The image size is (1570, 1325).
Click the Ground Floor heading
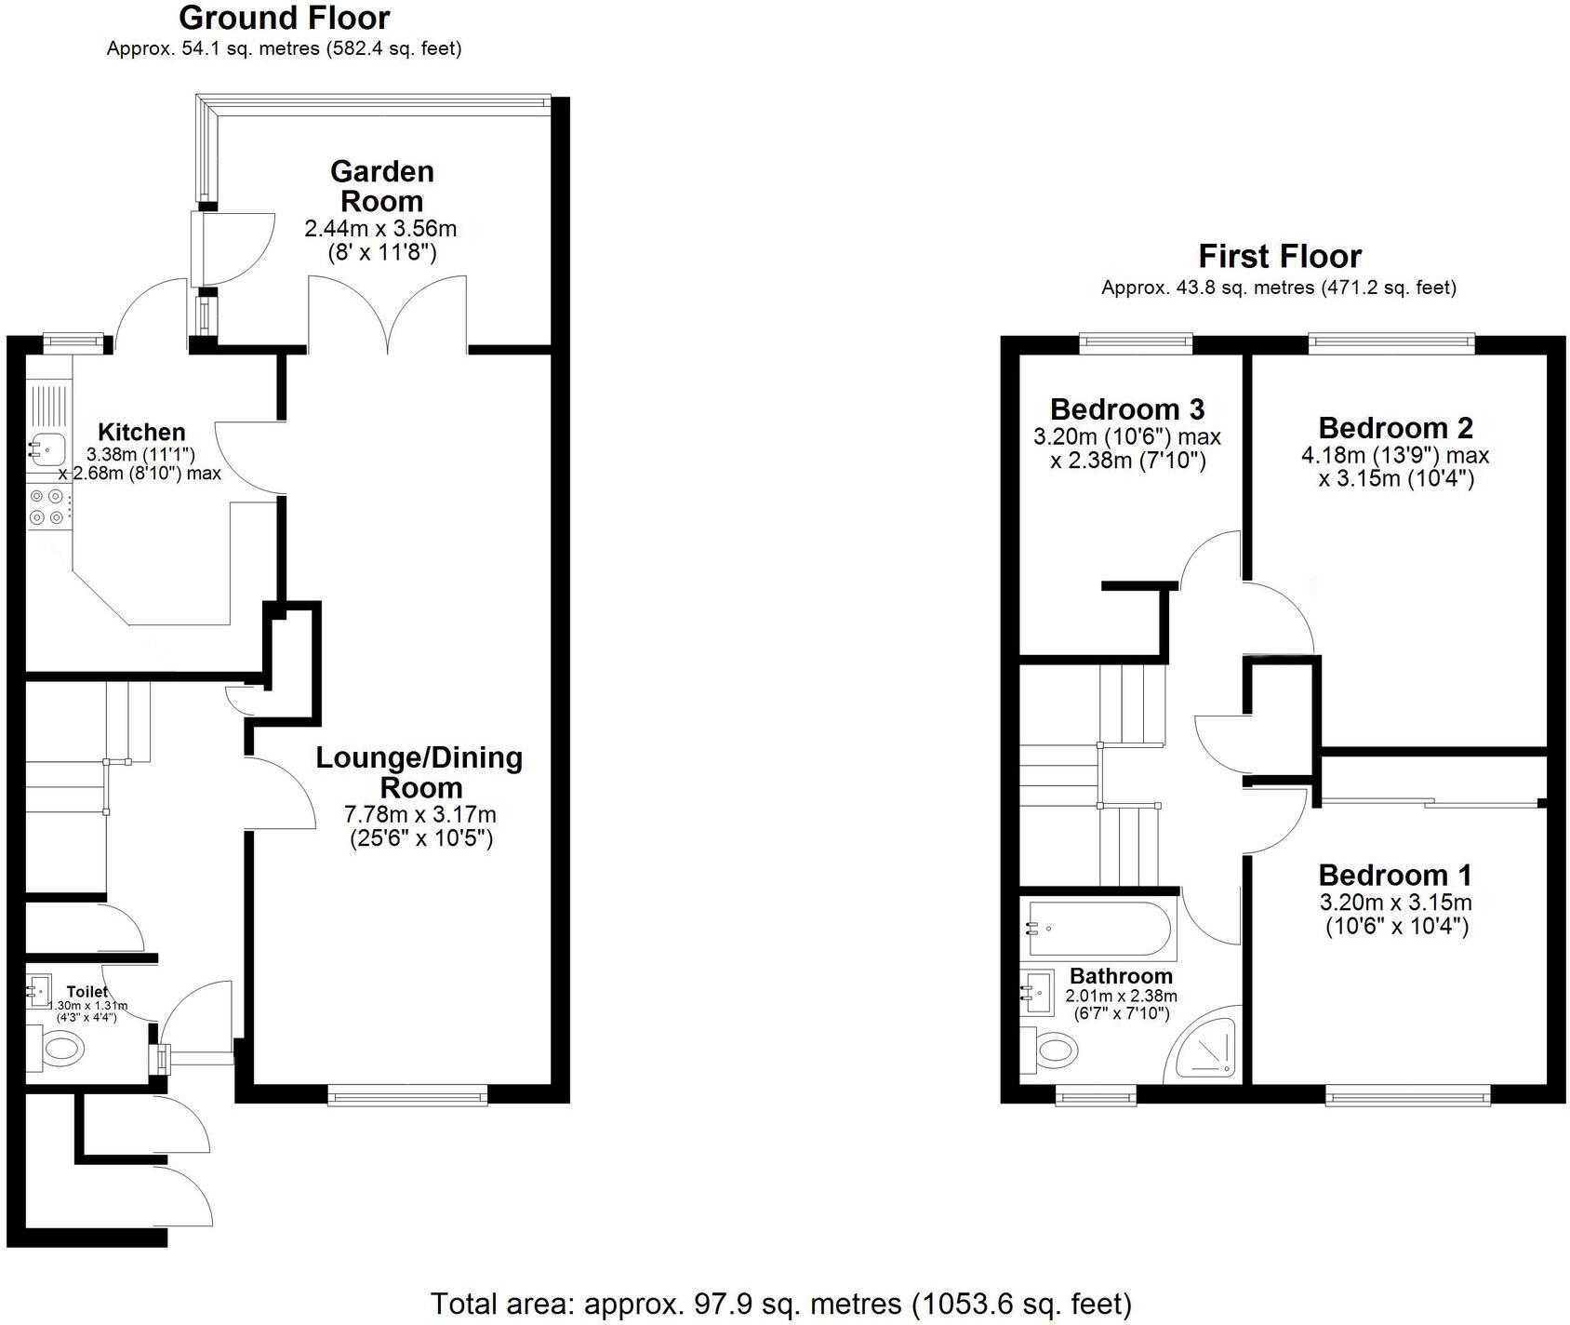[284, 18]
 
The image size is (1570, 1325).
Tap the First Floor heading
[1279, 256]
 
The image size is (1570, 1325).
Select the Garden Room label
[381, 186]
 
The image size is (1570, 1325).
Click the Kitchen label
[141, 432]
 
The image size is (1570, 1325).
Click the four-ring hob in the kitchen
[48, 507]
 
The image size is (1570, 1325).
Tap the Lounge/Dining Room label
[419, 772]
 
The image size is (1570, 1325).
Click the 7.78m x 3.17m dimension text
[419, 815]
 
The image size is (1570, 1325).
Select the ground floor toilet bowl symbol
[60, 1051]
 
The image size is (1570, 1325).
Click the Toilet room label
[86, 992]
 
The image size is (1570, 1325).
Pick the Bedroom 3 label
[1126, 409]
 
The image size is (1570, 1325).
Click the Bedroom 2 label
[1395, 428]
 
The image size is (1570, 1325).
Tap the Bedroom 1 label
[1395, 876]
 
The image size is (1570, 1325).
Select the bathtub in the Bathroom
[1099, 930]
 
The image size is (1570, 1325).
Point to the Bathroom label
[1121, 976]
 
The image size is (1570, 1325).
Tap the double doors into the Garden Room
[388, 316]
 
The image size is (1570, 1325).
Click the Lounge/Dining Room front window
[407, 1096]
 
